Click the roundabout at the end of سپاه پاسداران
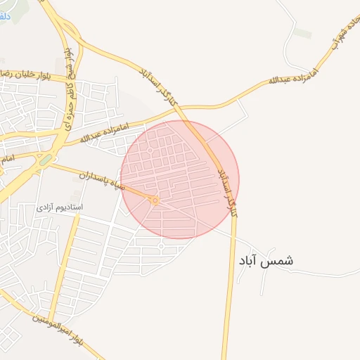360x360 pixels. pos(155,201)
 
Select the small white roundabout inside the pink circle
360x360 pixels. pos(150,150)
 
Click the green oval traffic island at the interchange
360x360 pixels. pos(46,160)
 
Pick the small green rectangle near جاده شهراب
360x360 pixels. pos(302,34)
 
